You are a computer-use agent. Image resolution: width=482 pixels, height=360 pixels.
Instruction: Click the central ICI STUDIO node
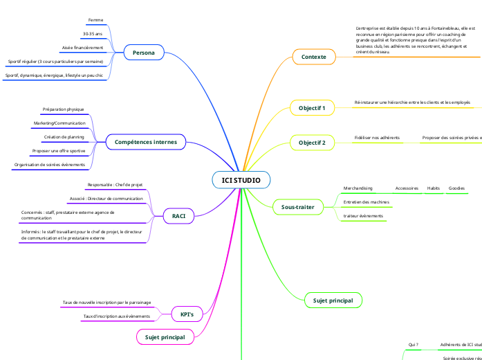[x=241, y=181]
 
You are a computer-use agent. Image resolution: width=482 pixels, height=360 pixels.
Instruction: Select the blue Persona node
[x=143, y=53]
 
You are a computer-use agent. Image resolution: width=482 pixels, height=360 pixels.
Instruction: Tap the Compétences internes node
[x=145, y=142]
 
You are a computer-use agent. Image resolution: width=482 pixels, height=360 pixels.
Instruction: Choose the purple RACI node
[x=178, y=217]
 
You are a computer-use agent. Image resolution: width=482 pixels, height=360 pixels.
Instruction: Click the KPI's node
[x=187, y=314]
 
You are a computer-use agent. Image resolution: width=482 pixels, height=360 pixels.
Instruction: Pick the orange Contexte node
[x=313, y=56]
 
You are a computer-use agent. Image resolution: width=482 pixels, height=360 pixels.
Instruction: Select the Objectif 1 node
[x=312, y=107]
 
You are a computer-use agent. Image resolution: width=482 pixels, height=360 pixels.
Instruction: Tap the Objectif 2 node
[x=312, y=143]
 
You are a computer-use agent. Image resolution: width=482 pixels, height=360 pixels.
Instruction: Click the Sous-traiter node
[x=297, y=206]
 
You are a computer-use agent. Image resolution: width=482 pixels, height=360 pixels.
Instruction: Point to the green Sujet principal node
[x=333, y=300]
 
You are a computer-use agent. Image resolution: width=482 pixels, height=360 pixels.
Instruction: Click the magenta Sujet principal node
[x=165, y=337]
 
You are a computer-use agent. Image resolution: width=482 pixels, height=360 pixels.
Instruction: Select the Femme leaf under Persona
[x=95, y=20]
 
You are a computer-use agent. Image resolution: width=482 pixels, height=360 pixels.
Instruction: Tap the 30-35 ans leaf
[x=92, y=34]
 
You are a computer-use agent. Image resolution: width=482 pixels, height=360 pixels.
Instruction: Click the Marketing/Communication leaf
[x=59, y=123]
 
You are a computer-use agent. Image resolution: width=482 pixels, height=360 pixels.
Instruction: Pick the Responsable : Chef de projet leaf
[x=115, y=185]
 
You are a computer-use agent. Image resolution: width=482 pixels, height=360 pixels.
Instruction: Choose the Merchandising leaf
[x=358, y=188]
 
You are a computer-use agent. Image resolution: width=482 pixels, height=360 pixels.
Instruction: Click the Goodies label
[x=456, y=188]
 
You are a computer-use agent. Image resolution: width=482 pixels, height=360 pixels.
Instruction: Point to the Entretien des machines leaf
[x=366, y=202]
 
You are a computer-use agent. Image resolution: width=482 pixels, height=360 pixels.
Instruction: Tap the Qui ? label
[x=414, y=344]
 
